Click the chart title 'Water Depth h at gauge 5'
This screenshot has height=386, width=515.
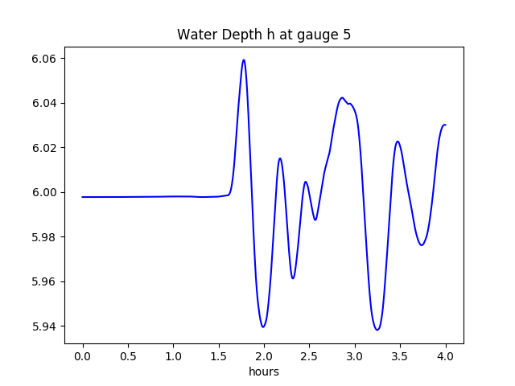tap(264, 35)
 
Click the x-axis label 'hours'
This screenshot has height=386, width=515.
tap(264, 372)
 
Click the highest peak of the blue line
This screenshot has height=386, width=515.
tap(243, 60)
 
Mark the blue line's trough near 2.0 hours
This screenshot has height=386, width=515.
tap(263, 326)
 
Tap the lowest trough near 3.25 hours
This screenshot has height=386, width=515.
tap(377, 330)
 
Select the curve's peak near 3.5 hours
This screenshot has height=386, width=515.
tap(398, 142)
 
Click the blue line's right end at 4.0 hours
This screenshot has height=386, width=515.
tap(445, 125)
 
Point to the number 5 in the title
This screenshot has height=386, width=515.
tap(347, 35)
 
